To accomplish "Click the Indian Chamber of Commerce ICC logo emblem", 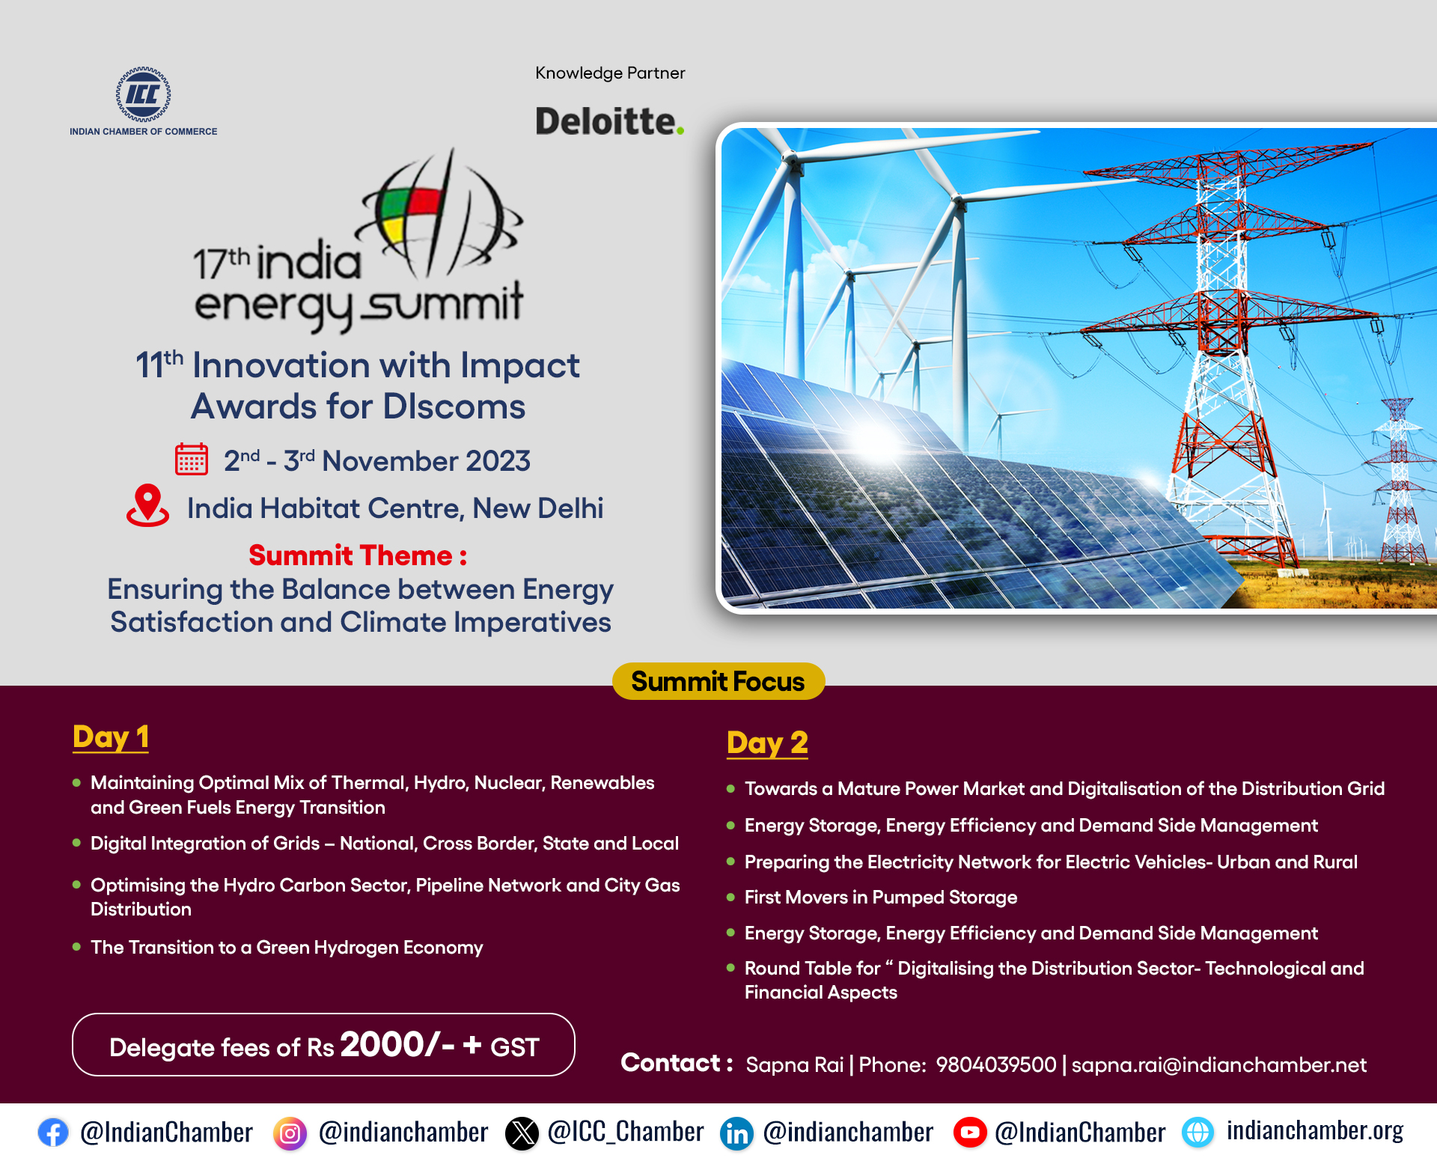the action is click(x=143, y=94).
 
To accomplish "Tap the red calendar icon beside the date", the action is click(x=192, y=459).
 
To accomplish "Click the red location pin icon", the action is click(x=147, y=505).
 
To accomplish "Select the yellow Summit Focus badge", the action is click(x=718, y=681).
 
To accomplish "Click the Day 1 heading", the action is click(x=111, y=737).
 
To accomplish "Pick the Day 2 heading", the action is click(x=767, y=743).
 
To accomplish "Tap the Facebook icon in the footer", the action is click(x=53, y=1133).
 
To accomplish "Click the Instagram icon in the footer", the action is click(x=290, y=1133).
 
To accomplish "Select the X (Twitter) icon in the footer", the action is click(x=522, y=1133).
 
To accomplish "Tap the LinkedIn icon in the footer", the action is click(x=737, y=1133).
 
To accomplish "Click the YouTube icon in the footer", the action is click(x=970, y=1133).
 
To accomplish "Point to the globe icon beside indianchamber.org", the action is click(x=1198, y=1133).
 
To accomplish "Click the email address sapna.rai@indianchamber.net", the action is click(x=1219, y=1065).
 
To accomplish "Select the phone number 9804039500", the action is click(x=996, y=1065).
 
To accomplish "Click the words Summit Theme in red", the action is click(x=350, y=555).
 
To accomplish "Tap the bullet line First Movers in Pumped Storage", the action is click(x=881, y=898).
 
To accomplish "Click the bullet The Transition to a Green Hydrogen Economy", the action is click(x=287, y=948).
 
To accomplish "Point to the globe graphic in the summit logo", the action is click(x=442, y=214).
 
